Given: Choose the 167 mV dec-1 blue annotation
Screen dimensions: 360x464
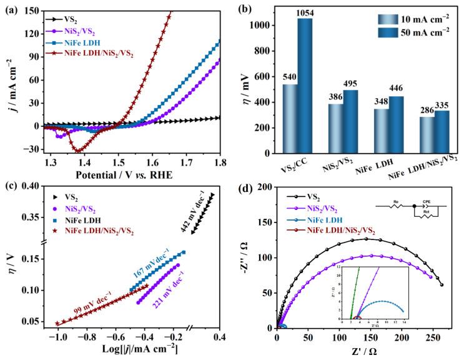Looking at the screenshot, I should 151,269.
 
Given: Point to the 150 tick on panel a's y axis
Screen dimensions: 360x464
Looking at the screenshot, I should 30,9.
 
